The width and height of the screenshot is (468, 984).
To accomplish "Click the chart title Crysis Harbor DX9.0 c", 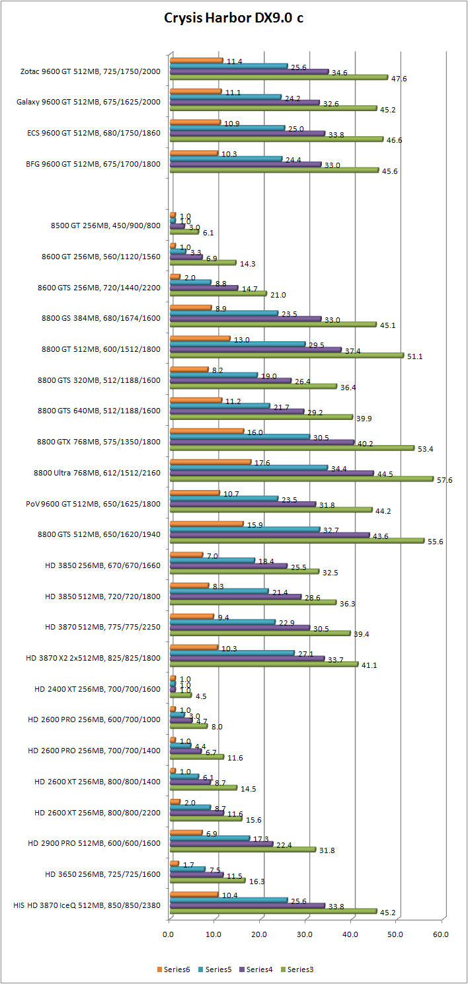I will coord(234,18).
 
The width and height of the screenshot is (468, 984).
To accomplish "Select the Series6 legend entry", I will coord(176,969).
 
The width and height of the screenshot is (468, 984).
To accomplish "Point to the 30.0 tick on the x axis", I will coord(305,934).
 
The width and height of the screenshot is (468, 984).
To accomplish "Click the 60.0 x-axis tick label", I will coord(441,934).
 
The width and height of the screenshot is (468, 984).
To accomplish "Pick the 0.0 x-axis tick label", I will coord(169,934).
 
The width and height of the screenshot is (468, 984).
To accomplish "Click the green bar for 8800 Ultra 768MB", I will coord(301,479).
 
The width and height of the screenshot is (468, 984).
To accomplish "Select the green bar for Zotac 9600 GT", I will coord(278,77).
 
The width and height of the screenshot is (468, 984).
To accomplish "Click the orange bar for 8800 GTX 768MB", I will coord(206,430).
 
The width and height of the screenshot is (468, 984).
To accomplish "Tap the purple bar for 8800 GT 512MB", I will coord(255,350).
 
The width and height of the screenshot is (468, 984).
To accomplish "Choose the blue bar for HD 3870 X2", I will coord(231,653).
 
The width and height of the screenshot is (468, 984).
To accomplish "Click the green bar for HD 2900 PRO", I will coord(242,850).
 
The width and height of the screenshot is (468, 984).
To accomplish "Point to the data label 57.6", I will coord(445,479).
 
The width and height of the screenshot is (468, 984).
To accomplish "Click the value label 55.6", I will coord(436,541).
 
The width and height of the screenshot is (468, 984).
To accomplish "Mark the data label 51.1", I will coord(415,356).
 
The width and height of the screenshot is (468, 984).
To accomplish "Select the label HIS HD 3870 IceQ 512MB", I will coord(87,905).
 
